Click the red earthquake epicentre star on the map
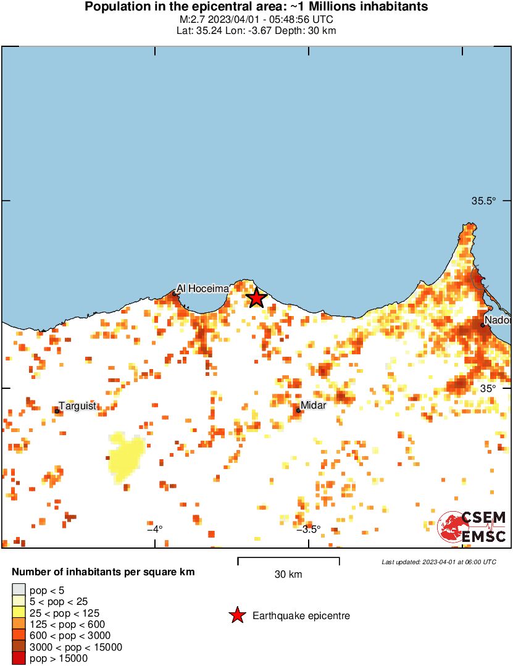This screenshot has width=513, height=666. (256, 299)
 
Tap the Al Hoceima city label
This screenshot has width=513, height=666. (202, 288)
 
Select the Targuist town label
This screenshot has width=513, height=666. (77, 406)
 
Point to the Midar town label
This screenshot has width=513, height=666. (313, 405)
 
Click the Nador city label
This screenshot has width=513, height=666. (498, 320)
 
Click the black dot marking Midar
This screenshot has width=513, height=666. (298, 410)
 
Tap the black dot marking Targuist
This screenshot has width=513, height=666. (57, 411)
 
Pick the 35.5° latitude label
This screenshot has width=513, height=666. (483, 201)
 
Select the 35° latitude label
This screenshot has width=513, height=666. (488, 388)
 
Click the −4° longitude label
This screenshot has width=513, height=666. (154, 528)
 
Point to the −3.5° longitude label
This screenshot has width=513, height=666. (308, 529)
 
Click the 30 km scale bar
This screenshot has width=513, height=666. (288, 562)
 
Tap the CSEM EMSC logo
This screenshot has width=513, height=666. (472, 527)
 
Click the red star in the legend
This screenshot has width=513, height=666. (237, 615)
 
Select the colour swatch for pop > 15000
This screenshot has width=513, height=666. (19, 659)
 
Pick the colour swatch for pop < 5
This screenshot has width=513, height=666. (19, 589)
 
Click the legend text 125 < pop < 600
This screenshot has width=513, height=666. (67, 624)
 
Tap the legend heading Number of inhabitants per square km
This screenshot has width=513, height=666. (103, 572)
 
